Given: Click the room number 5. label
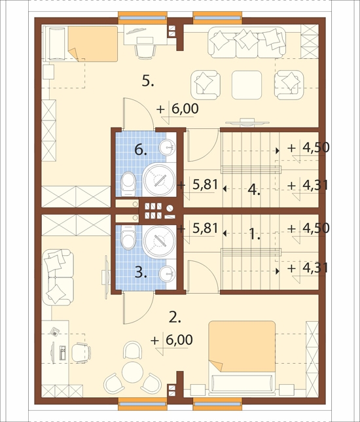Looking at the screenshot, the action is [x=148, y=80].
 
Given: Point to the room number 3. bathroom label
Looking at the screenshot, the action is [x=141, y=273].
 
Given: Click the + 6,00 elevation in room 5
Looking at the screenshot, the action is [x=178, y=109].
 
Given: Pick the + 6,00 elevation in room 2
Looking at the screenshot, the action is [x=171, y=340].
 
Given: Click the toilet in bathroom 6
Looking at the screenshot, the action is [x=128, y=184].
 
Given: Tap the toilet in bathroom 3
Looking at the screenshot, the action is [x=128, y=237].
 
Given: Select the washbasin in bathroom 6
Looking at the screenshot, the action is [x=167, y=147].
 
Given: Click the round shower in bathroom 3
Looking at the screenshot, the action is [x=158, y=241].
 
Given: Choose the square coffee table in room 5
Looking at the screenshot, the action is [x=247, y=85].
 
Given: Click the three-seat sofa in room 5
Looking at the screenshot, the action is [x=247, y=43].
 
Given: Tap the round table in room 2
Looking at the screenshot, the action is [x=132, y=372].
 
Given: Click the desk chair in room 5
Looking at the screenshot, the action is [x=145, y=52].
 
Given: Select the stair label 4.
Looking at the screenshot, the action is [x=254, y=190].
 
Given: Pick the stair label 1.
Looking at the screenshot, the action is [x=255, y=234].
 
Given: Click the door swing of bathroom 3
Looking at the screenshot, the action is [x=138, y=308].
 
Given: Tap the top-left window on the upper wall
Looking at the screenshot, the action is [x=143, y=18].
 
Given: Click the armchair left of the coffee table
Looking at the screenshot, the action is [x=205, y=85].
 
